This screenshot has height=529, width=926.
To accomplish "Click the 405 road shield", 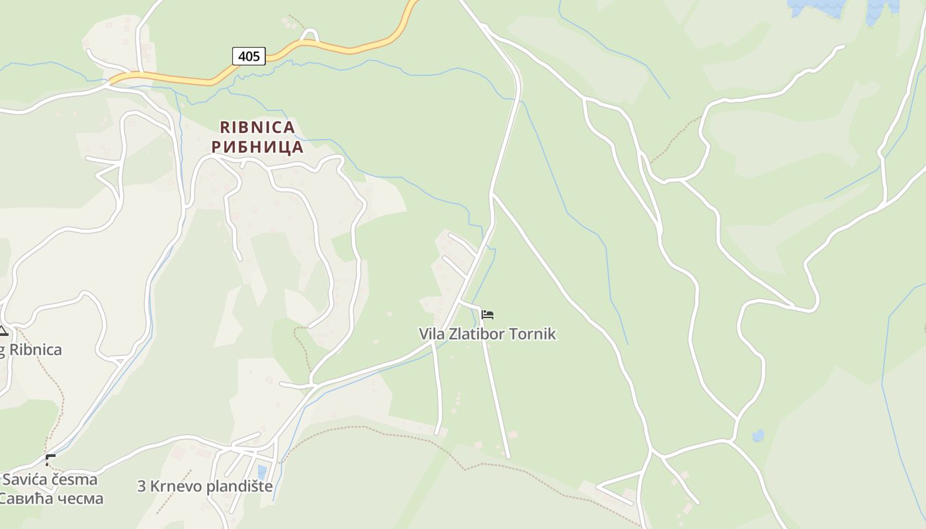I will click(249, 56).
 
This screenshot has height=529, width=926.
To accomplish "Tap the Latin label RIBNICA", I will click(257, 127).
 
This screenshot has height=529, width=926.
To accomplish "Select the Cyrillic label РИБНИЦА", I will click(257, 147).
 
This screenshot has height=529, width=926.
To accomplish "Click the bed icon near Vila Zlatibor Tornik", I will click(487, 315).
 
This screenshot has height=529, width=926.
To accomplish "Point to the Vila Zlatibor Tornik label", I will click(487, 334).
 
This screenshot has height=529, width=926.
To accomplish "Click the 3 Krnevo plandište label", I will click(205, 486).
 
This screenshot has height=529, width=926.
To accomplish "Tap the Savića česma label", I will click(50, 479).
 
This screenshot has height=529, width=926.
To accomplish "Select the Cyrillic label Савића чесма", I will click(52, 498).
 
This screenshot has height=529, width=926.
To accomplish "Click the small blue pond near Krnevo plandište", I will click(262, 472).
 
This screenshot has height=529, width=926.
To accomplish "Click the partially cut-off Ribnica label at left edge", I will click(32, 350).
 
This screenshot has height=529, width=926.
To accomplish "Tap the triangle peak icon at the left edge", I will click(3, 331).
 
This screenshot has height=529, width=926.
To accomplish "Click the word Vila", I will click(432, 334).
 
